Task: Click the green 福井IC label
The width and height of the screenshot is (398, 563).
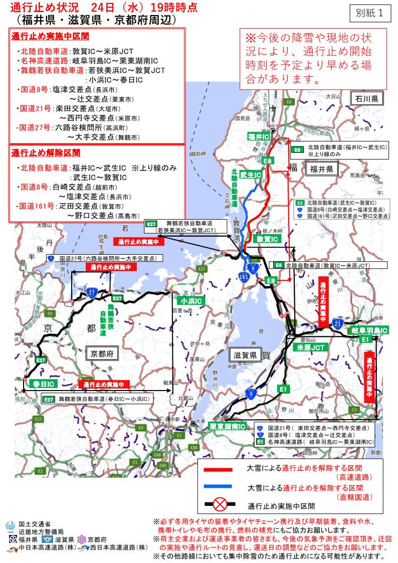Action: click(259, 137)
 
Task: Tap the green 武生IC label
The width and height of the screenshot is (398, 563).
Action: click(250, 175)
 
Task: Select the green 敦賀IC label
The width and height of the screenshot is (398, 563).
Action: click(267, 240)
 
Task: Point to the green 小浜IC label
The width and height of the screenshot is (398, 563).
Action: click(191, 300)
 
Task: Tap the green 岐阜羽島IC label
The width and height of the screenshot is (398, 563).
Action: click(369, 331)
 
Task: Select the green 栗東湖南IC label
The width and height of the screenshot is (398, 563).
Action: click(228, 427)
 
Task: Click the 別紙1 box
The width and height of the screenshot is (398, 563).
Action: click(371, 14)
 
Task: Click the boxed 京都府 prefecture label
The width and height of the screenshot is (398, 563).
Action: click(102, 353)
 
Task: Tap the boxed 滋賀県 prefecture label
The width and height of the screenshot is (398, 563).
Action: click(246, 355)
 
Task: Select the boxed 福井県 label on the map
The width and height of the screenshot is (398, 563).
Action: click(321, 169)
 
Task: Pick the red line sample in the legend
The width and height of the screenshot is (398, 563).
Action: click(218, 470)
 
